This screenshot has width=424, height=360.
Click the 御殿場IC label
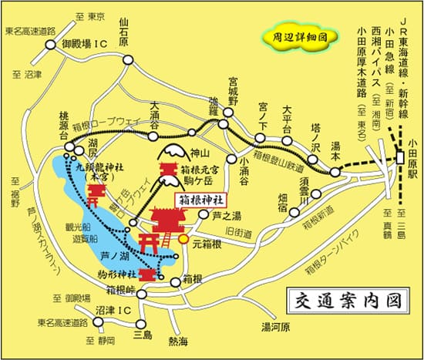coord(84,45)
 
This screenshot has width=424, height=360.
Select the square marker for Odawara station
coord(402,157)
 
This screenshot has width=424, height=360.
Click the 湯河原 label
coord(274,326)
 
